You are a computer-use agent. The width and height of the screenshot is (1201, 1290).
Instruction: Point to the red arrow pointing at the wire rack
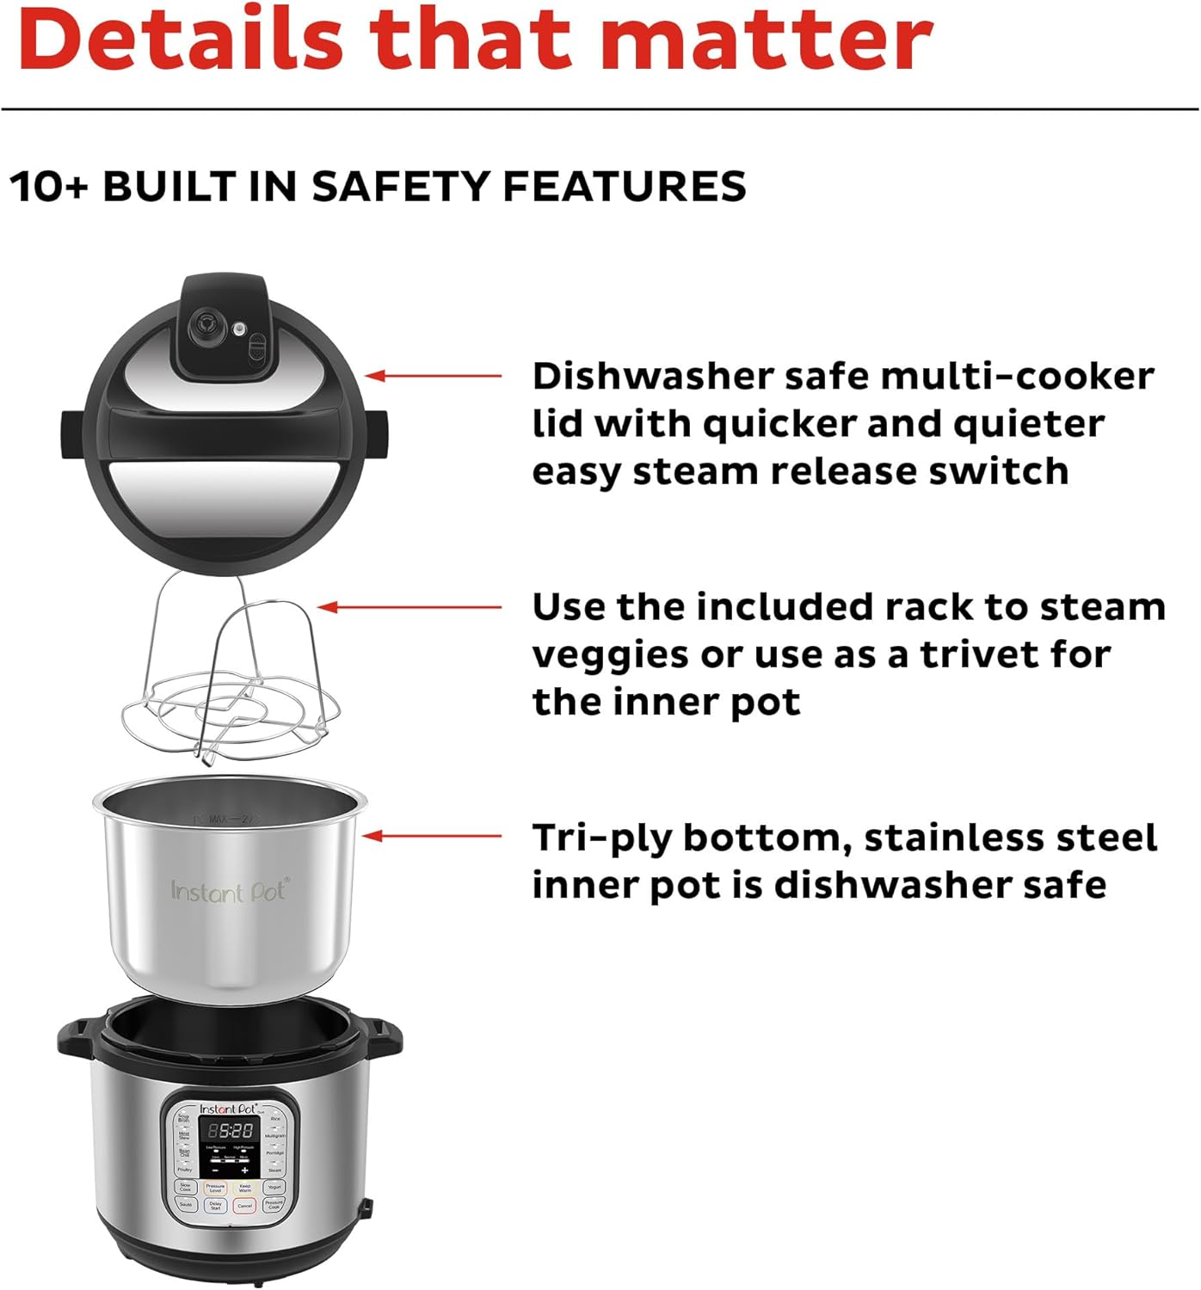pyautogui.click(x=410, y=607)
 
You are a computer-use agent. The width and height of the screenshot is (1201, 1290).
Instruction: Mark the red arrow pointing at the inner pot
pyautogui.click(x=433, y=835)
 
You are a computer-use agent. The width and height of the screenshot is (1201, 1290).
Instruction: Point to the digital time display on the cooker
pyautogui.click(x=230, y=1130)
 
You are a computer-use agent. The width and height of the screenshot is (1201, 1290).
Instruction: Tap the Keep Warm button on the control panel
pyautogui.click(x=245, y=1188)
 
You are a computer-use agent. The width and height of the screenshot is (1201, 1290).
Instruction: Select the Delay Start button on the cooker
pyautogui.click(x=215, y=1205)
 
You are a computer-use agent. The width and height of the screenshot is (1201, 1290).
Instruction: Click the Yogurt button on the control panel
pyautogui.click(x=274, y=1187)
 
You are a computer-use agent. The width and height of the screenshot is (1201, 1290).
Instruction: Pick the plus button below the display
pyautogui.click(x=245, y=1170)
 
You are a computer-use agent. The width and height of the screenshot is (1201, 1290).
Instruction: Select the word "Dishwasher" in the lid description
pyautogui.click(x=653, y=376)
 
